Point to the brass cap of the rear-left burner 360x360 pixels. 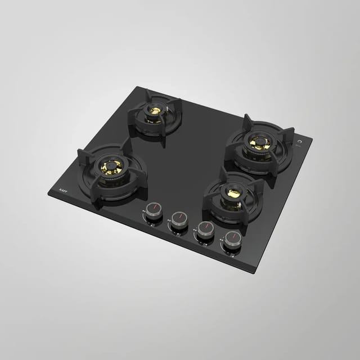coord(154,110)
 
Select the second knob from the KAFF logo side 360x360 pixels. coord(179,219)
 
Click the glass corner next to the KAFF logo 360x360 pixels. coord(49,192)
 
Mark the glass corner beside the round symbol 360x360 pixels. coord(312,137)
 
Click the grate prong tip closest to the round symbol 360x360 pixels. coord(292,130)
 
